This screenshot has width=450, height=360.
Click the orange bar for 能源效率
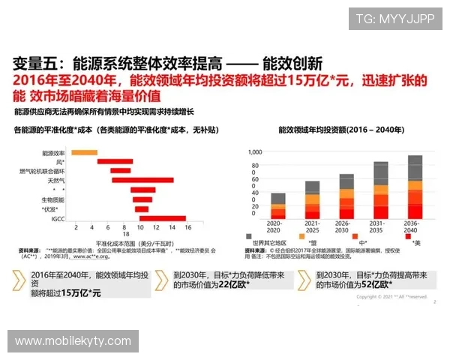pos(85,152)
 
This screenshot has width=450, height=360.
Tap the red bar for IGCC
pos(162,218)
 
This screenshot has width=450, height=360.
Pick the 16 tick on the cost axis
pos(187,226)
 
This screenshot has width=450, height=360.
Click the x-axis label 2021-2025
pos(312,225)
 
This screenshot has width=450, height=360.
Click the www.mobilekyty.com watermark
pos(73,341)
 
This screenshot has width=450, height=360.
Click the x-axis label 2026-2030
pos(346,225)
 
